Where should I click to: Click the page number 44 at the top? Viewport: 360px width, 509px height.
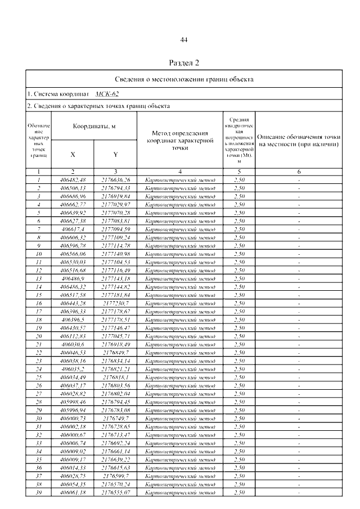tap(183, 39)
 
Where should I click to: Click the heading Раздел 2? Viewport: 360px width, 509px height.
tap(183, 62)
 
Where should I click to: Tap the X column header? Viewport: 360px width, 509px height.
tap(73, 154)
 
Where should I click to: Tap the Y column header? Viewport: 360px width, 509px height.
tap(115, 154)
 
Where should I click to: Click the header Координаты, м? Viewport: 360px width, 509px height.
tap(94, 127)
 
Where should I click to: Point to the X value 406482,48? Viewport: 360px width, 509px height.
tap(73, 179)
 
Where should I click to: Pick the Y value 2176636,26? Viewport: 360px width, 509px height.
tap(115, 179)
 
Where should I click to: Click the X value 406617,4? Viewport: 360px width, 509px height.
tap(73, 229)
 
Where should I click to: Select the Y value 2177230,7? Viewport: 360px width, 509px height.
tap(115, 303)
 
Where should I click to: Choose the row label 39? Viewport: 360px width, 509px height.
tap(39, 492)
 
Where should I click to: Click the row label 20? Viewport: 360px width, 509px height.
tap(39, 336)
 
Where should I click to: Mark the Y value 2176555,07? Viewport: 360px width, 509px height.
tap(115, 492)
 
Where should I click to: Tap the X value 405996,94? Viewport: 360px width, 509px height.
tap(73, 410)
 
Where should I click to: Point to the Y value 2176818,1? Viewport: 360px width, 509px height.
tap(115, 377)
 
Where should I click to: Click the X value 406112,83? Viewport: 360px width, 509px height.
tap(73, 336)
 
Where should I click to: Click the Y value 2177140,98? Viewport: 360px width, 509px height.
tap(115, 254)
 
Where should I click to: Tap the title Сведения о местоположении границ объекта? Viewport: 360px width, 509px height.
tap(183, 79)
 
